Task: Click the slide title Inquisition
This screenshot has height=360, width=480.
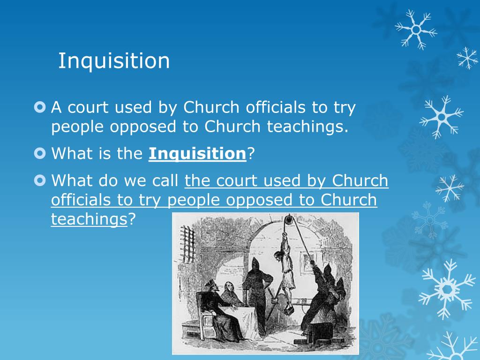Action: [114, 61]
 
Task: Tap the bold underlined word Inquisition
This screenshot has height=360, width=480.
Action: [197, 153]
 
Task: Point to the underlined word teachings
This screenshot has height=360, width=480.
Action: [89, 219]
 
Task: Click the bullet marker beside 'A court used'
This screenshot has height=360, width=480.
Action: [40, 107]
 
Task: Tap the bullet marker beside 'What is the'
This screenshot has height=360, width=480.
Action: [40, 153]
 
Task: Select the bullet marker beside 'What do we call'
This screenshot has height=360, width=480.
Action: [40, 180]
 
